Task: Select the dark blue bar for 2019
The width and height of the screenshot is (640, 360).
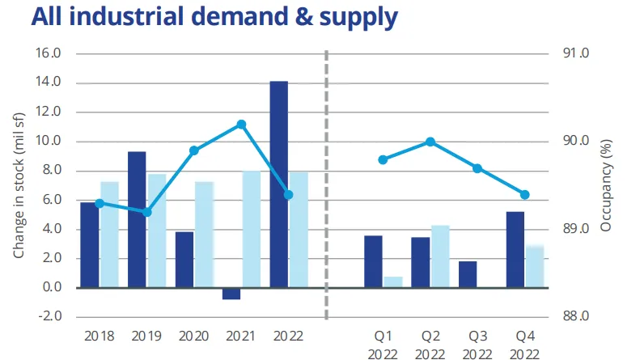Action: (137, 219)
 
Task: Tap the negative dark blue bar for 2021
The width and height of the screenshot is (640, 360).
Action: (231, 294)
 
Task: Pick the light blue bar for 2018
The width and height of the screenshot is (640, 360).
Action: (109, 235)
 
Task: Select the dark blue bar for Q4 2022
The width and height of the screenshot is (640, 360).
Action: (515, 249)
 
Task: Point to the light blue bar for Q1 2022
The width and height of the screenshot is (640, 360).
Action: (393, 282)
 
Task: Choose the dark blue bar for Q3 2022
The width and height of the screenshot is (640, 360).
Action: (468, 274)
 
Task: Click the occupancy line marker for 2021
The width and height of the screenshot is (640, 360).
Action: (241, 125)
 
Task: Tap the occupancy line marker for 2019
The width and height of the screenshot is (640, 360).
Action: (146, 212)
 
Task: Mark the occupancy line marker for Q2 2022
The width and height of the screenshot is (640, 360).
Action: (430, 142)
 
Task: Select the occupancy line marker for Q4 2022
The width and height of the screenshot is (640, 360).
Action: (524, 195)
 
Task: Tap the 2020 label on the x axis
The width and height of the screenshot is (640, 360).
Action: (194, 335)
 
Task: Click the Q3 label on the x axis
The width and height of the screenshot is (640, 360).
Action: (477, 335)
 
